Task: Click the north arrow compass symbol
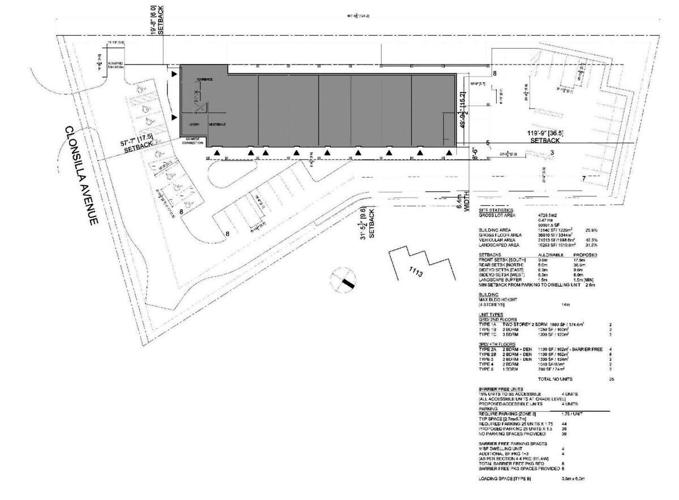(x=347, y=284)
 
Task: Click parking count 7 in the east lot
(x=583, y=177)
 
